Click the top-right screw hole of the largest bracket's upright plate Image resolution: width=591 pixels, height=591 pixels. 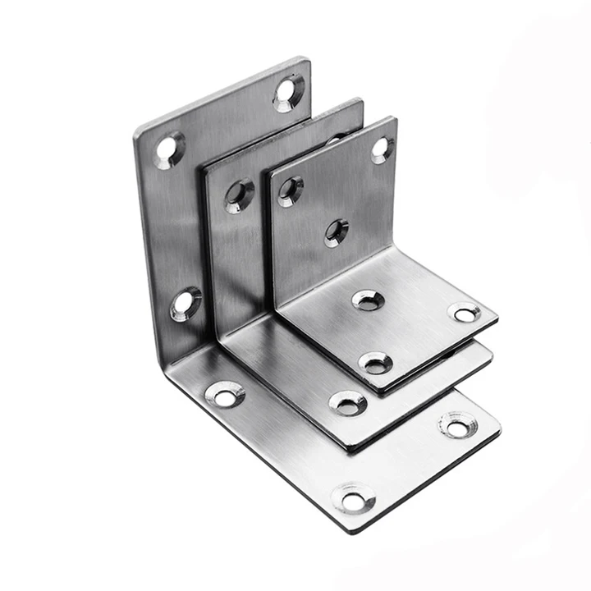[x=287, y=91]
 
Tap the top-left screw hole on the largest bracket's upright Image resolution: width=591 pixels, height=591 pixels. [x=168, y=150]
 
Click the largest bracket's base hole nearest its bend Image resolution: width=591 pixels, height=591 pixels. [x=225, y=394]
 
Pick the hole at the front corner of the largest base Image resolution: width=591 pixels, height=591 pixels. [x=353, y=498]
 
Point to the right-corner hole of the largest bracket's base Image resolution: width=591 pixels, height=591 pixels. [x=457, y=425]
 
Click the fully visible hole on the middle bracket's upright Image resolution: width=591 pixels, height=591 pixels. [x=240, y=195]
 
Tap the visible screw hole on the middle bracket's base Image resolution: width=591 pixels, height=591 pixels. [x=348, y=402]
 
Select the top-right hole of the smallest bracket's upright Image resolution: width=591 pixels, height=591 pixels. [x=381, y=149]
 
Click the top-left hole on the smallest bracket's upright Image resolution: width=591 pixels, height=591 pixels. [x=290, y=190]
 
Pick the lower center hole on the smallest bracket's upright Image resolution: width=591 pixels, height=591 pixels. [x=336, y=231]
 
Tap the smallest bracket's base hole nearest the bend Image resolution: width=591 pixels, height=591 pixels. [x=368, y=300]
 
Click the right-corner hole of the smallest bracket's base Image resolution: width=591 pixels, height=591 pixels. [x=465, y=312]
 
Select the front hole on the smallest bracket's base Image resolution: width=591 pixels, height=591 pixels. [x=376, y=362]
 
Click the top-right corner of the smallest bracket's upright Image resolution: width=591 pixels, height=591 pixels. [x=396, y=118]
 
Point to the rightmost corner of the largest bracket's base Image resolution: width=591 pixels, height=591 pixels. [x=500, y=427]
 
